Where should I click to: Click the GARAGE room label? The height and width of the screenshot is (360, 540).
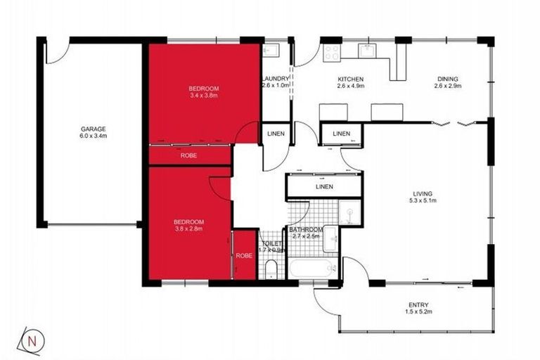point(93,129)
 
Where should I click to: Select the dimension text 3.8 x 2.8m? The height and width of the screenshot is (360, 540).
point(188,229)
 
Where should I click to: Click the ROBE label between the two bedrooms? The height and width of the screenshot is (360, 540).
point(188,155)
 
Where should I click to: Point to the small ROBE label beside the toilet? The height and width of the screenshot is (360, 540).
point(243,256)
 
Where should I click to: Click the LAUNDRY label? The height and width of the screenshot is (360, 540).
point(275,79)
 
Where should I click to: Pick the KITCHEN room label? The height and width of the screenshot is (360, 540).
point(349,79)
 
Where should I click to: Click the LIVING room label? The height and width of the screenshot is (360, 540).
point(423,194)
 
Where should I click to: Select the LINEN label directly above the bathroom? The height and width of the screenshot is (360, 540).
point(324,186)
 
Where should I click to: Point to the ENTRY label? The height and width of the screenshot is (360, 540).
point(417,305)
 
